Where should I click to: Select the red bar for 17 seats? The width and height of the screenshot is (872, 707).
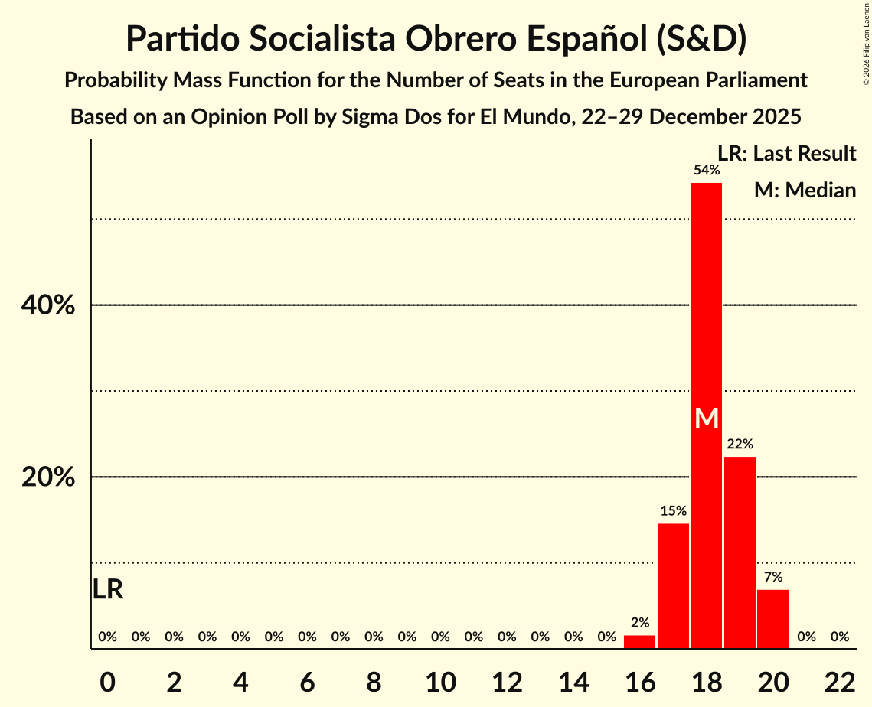[x=673, y=585]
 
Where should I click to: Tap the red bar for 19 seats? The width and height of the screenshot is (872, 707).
[x=740, y=551]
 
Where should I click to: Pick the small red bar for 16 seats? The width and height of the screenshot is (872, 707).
[x=639, y=642]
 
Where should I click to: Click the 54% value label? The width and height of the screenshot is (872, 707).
[x=706, y=170]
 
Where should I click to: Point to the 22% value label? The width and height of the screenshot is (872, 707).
[x=740, y=444]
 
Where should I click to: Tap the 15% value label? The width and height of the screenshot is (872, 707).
[x=673, y=510]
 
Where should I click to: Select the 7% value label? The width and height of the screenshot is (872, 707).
[x=772, y=577]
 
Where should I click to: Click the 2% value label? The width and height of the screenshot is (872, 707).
[x=639, y=623]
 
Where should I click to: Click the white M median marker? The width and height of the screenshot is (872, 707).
[x=707, y=419]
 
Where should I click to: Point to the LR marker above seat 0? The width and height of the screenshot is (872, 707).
[x=108, y=589]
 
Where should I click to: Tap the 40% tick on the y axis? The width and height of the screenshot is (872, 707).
[x=47, y=306]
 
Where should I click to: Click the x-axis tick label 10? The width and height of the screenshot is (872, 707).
[x=440, y=683]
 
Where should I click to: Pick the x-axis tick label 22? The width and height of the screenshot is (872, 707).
[x=840, y=683]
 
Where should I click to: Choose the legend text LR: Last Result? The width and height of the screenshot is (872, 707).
[x=786, y=154]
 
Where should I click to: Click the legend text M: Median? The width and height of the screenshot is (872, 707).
[x=805, y=190]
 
